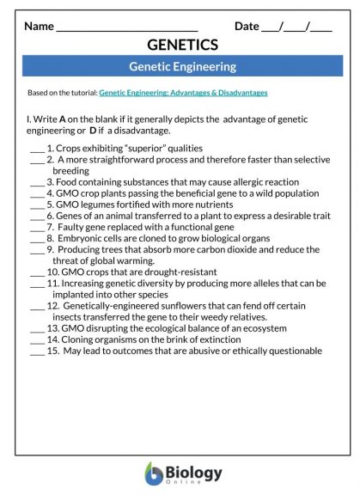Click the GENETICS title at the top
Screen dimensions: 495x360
(x=182, y=45)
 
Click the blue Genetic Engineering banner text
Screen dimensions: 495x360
(x=182, y=66)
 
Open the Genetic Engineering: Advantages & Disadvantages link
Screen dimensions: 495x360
(x=183, y=93)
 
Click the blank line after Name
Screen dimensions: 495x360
(x=126, y=27)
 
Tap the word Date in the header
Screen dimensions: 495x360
(x=247, y=26)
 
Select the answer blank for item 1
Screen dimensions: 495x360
(x=36, y=149)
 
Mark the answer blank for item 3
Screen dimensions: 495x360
(x=36, y=182)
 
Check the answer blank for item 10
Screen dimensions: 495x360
(x=36, y=272)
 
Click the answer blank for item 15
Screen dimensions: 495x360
(x=36, y=351)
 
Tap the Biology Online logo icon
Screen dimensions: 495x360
(x=154, y=474)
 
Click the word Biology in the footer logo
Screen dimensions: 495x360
(x=194, y=472)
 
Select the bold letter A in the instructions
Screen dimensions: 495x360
(x=63, y=119)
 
